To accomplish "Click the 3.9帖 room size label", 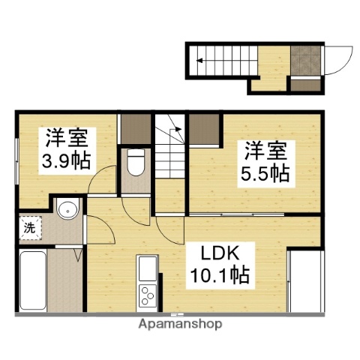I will click(67, 160).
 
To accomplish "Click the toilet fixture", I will click(136, 163).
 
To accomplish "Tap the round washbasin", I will click(66, 209).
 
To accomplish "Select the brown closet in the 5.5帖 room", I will click(203, 130).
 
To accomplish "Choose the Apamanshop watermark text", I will click(180, 325).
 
